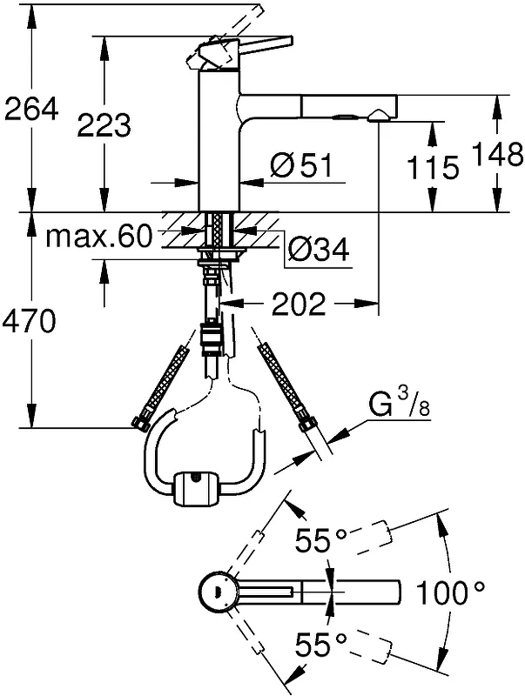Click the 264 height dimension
pos(31,110)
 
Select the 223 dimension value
pos(104,124)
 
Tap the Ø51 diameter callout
pos(301,165)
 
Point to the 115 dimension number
pos(432,167)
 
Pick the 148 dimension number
pos(497,154)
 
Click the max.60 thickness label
pos(98,237)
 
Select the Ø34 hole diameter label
pos(318,251)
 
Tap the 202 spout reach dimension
pos(299,304)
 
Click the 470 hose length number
pos(30,321)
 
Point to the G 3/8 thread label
pos(399,404)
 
